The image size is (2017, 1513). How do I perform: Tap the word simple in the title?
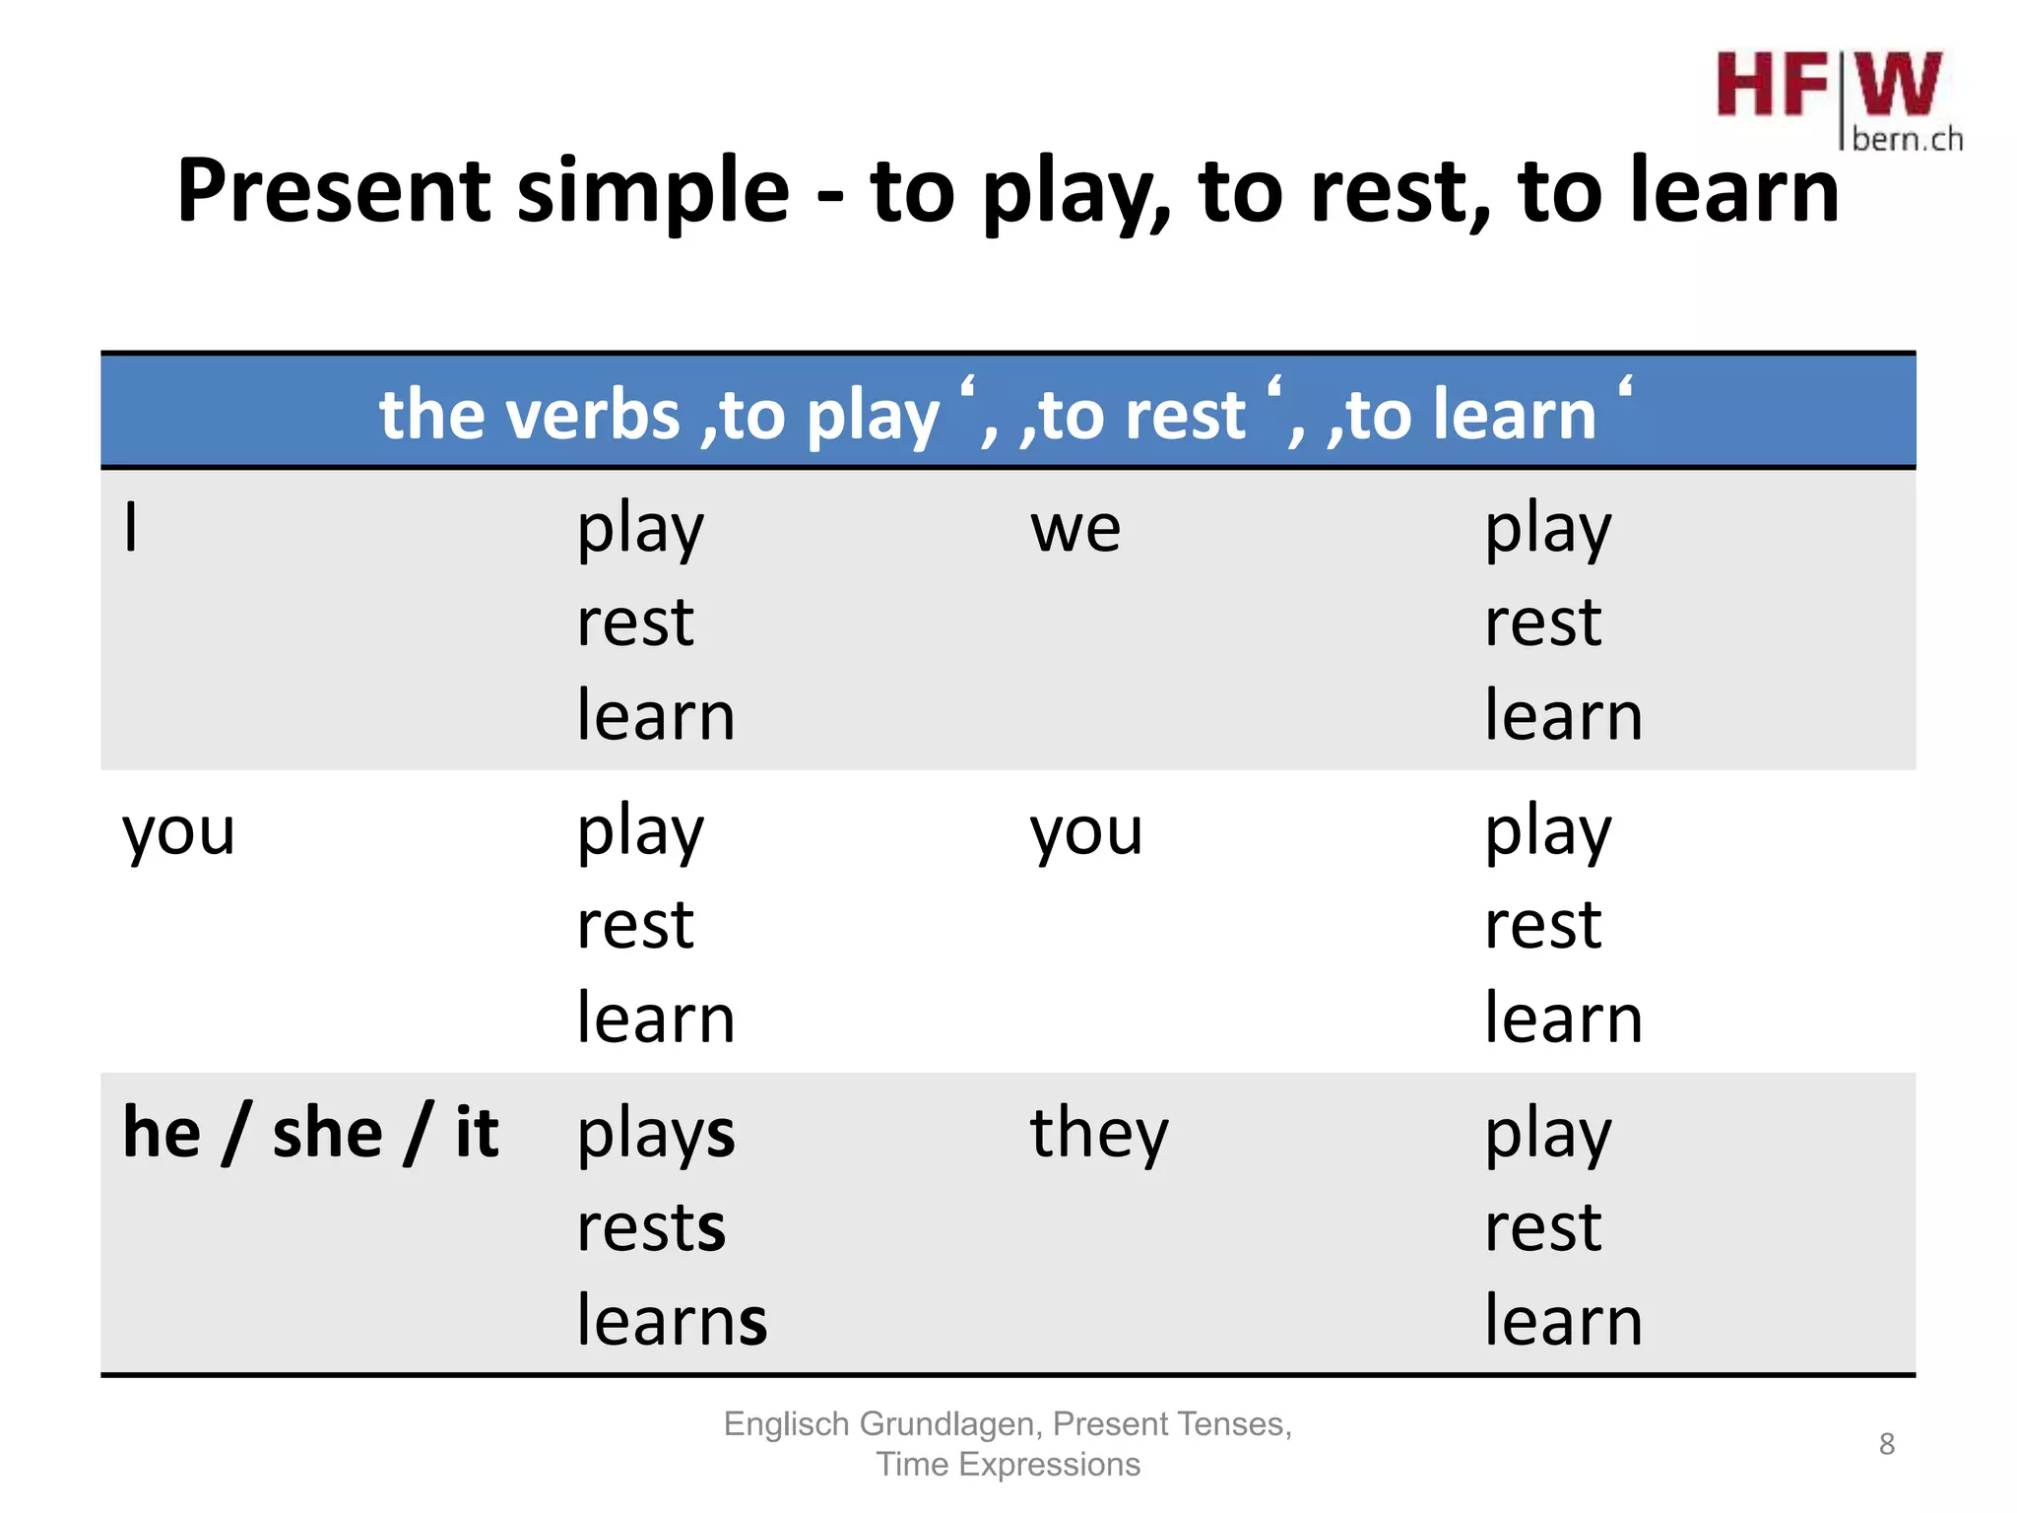653,193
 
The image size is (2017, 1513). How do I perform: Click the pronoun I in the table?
131,528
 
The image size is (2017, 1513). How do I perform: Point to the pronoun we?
1074,530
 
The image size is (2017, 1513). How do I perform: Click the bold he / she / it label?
310,1133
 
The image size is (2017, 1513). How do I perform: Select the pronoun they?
1099,1135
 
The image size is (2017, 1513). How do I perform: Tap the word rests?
651,1228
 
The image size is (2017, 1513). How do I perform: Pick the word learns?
672,1320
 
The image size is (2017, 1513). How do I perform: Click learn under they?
1563,1320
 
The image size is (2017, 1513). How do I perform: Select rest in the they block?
1542,1228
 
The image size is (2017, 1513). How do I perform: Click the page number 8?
1886,1444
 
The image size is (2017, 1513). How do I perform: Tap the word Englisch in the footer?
787,1424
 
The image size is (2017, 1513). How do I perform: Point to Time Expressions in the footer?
1008,1465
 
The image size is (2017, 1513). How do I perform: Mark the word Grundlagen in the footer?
946,1424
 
